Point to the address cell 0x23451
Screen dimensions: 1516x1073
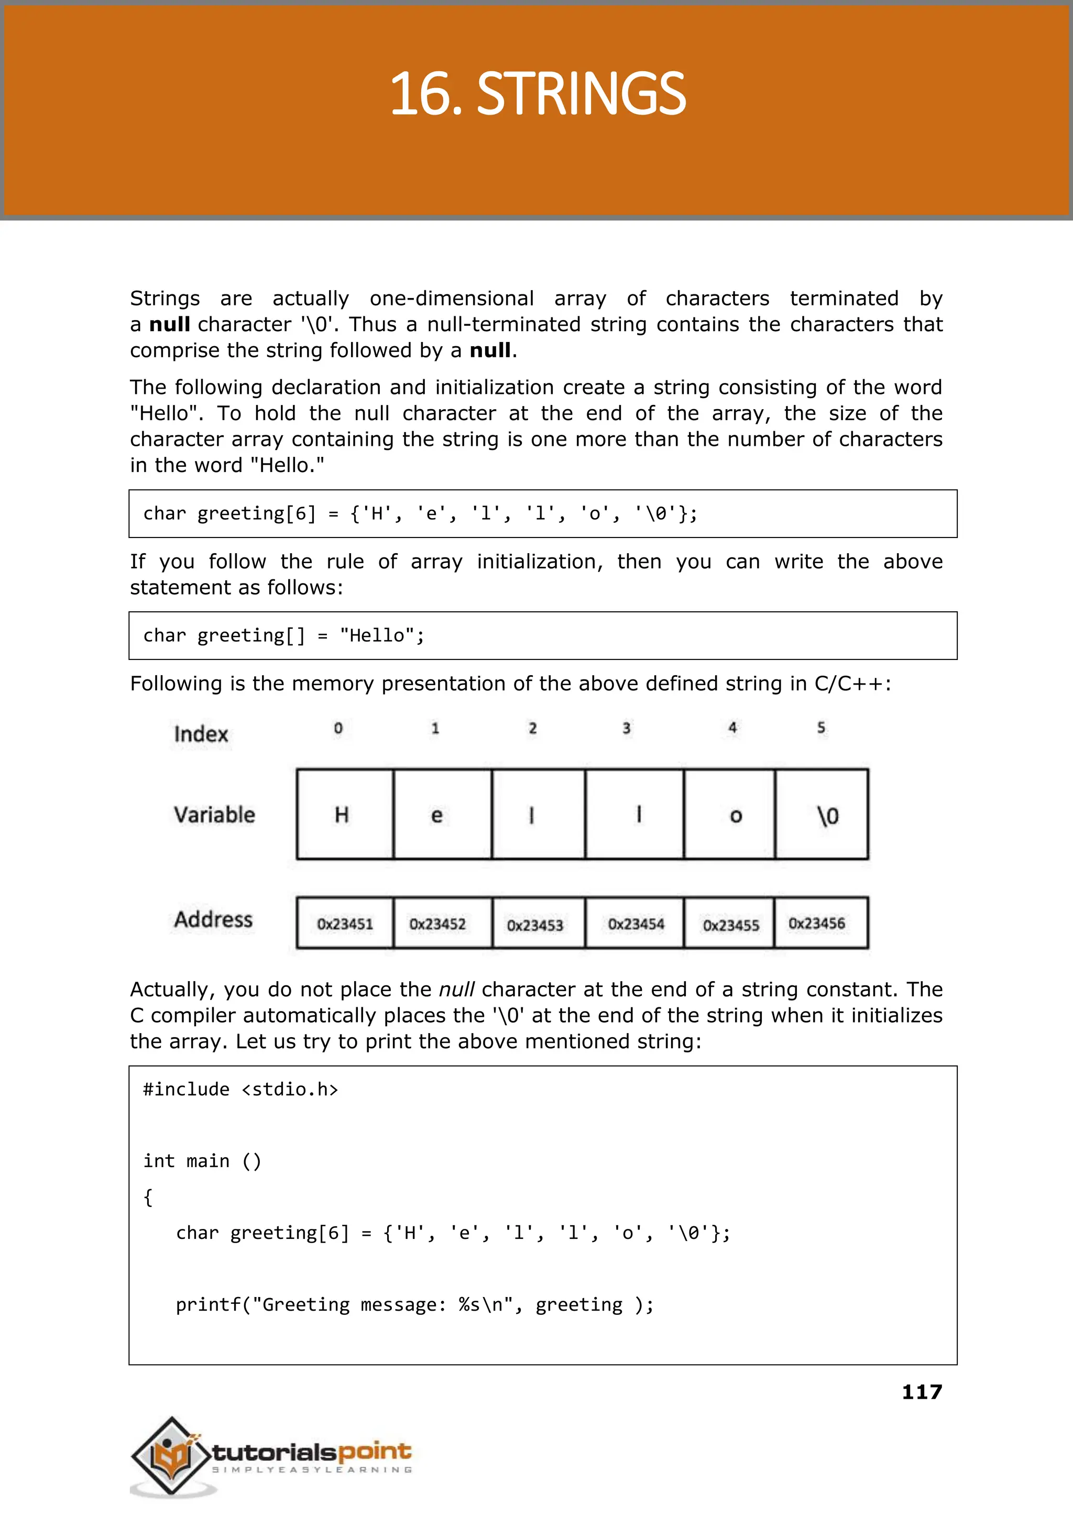(x=344, y=924)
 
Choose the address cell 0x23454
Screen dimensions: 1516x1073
(x=635, y=924)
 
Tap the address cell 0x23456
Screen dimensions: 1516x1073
(x=817, y=923)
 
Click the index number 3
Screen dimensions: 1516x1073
(x=627, y=728)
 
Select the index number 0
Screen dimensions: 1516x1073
(x=338, y=728)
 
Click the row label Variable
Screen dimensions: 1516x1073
(x=214, y=815)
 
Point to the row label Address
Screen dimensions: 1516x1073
(x=213, y=919)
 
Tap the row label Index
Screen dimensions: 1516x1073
(x=201, y=734)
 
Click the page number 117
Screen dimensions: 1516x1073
(x=922, y=1392)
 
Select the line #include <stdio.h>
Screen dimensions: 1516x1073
(x=240, y=1089)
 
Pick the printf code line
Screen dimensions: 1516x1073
(x=414, y=1304)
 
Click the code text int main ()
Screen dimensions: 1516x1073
(x=202, y=1161)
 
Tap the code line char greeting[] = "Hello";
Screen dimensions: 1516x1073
(x=283, y=635)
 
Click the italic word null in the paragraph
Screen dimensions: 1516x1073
(x=456, y=990)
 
